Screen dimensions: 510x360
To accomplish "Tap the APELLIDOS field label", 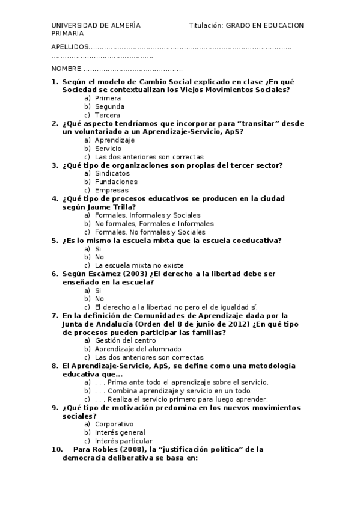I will coord(69,47).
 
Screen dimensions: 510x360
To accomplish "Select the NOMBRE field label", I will coord(66,69).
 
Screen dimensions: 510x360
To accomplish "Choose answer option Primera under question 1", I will coord(108,98).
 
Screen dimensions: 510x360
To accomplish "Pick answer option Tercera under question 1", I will coord(108,115).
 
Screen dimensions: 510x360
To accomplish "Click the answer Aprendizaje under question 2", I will coord(115,140).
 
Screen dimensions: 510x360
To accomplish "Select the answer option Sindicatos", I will coord(112,173).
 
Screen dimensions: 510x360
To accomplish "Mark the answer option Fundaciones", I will coord(116,182).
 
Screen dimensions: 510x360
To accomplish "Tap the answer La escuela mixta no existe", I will coord(139,265).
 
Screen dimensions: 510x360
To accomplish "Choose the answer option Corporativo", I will coord(114,424).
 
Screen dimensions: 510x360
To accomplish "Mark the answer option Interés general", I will coord(120,432).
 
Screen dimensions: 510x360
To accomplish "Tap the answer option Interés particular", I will coord(123,441).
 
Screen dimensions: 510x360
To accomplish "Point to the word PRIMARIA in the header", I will coord(68,34).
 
